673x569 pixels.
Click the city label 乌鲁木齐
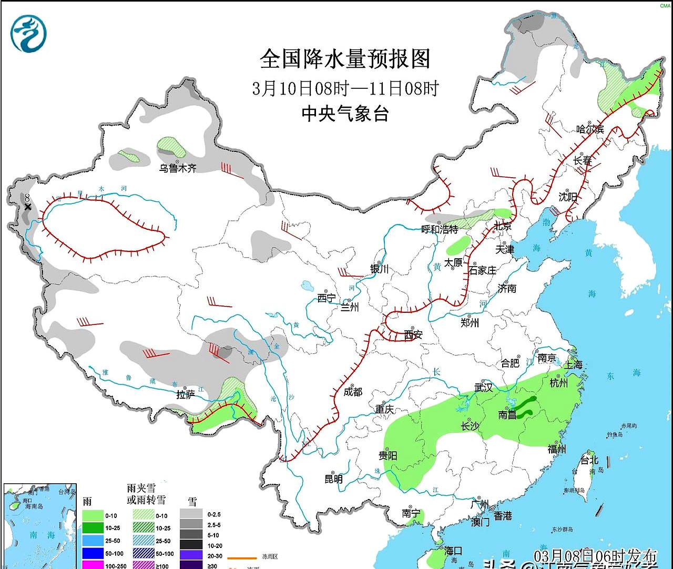click(x=178, y=168)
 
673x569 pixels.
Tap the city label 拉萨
click(x=185, y=394)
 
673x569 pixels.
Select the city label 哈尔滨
click(x=589, y=129)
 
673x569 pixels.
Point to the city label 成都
click(x=352, y=392)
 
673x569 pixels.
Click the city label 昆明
click(x=333, y=479)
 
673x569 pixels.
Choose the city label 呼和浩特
click(x=440, y=229)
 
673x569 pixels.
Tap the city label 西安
click(x=413, y=334)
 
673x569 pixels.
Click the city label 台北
click(x=589, y=460)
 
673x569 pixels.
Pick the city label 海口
click(x=453, y=551)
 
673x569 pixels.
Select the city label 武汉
click(x=484, y=388)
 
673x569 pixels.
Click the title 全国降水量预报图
click(x=345, y=59)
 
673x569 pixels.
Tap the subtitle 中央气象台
click(x=345, y=114)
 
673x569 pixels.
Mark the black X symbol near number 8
click(x=27, y=207)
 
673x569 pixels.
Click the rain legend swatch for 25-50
click(x=93, y=541)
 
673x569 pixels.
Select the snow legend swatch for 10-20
click(x=191, y=545)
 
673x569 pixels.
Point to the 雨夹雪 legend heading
click(x=141, y=489)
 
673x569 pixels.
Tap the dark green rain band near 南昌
click(x=526, y=406)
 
